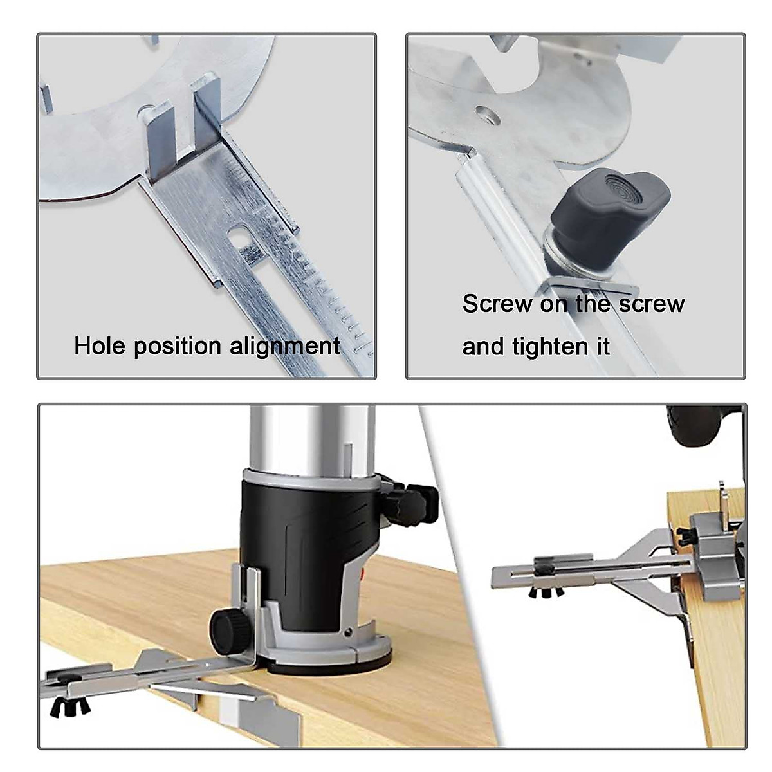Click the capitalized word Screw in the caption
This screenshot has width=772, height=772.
pos(497,304)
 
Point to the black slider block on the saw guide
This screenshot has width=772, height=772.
pos(545,566)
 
